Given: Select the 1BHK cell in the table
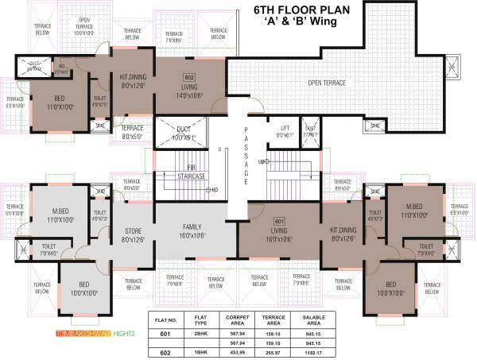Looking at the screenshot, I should (200, 351).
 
